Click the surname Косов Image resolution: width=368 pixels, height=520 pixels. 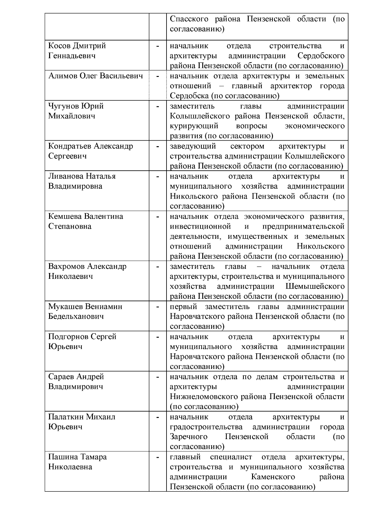60,46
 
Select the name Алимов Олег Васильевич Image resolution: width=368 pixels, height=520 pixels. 96,76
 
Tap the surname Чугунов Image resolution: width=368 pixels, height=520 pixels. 64,106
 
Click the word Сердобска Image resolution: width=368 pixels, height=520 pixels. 189,96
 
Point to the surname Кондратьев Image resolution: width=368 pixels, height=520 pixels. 70,146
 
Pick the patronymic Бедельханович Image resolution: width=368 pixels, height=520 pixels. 76,317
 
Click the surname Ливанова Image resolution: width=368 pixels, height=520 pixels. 65,176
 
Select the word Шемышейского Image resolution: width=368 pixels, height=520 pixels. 315,287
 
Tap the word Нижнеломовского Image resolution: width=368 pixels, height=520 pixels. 218,397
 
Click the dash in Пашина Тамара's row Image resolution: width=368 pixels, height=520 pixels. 158,457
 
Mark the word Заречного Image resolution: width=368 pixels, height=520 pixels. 189,437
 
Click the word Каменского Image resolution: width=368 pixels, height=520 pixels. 273,477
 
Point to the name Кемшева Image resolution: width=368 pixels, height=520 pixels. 64,216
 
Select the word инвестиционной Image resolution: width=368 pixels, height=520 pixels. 200,226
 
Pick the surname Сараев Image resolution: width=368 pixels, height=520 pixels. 61,377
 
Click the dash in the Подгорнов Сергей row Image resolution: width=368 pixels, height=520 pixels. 158,337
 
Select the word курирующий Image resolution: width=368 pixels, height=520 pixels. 194,126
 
